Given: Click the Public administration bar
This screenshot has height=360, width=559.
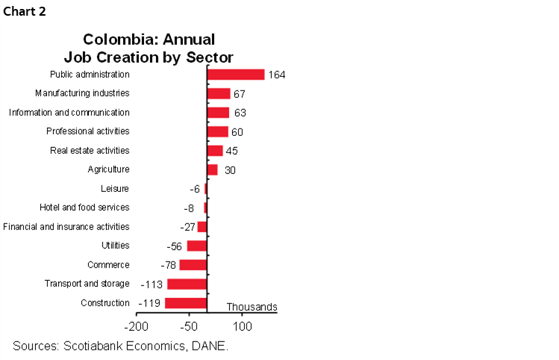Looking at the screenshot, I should (x=235, y=75).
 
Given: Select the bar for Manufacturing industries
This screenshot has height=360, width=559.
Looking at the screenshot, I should (x=218, y=93).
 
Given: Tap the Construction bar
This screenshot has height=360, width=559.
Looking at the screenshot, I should (x=185, y=303).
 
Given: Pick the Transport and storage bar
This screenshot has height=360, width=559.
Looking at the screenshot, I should (x=187, y=284).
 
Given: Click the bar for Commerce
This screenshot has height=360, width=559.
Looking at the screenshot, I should (x=193, y=264).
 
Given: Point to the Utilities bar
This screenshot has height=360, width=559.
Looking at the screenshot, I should (x=196, y=246).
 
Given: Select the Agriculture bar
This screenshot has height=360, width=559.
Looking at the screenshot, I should (x=212, y=170).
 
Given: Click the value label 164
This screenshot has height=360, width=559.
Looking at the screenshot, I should (x=277, y=75).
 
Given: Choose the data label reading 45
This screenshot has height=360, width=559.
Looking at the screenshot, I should (x=231, y=151).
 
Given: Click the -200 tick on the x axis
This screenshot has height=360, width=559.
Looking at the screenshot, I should (x=136, y=326).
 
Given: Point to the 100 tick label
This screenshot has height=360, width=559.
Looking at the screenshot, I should (x=243, y=326).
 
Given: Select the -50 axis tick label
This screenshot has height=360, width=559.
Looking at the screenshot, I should (x=189, y=326).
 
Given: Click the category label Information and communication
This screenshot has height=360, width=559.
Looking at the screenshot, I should (x=69, y=113).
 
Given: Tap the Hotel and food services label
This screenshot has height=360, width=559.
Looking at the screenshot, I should (x=84, y=207).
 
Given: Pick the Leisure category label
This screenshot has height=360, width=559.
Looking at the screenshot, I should (x=115, y=189).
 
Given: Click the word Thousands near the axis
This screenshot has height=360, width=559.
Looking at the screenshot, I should (x=252, y=307).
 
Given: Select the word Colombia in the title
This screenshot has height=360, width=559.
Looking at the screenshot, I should (x=114, y=39).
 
